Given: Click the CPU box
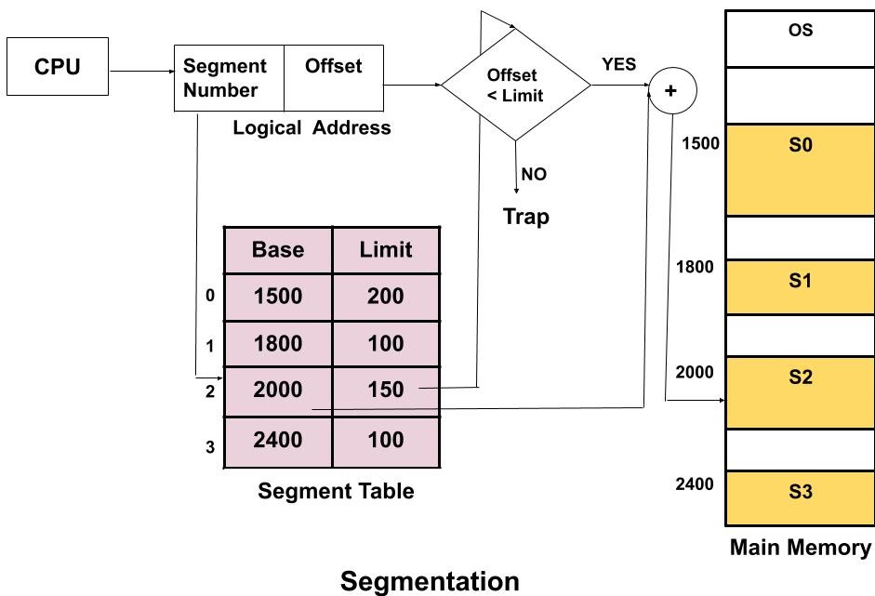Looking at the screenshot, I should click(58, 67).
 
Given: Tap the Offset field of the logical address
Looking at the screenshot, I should click(333, 78).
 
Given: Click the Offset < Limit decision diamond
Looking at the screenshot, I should click(515, 86).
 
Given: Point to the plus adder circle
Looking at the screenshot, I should click(671, 91).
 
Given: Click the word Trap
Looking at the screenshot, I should click(526, 217).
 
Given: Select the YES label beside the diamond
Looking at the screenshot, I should click(619, 64).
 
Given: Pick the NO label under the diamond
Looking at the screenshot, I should click(534, 174).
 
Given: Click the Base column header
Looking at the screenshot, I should click(278, 250).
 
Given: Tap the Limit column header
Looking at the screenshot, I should click(385, 250).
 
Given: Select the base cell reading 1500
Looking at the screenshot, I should click(278, 297).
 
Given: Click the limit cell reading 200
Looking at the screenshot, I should click(385, 297).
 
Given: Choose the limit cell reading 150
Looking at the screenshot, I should click(385, 391).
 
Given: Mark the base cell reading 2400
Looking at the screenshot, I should click(278, 440).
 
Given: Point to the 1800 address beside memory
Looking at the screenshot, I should click(696, 268).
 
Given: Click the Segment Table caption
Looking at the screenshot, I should click(336, 491).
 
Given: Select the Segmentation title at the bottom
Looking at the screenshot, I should click(430, 582).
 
